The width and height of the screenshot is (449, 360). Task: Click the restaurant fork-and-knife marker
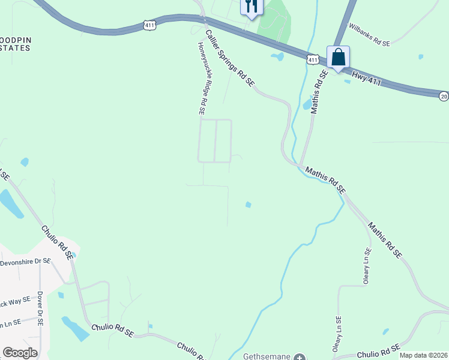click(x=252, y=7)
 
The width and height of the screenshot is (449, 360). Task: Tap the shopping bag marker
click(x=339, y=58)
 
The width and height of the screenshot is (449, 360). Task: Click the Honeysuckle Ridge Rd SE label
click(x=202, y=78)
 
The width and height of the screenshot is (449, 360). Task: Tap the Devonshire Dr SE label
click(x=25, y=262)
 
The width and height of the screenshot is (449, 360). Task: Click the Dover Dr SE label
click(x=40, y=308)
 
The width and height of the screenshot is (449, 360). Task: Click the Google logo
click(x=20, y=353)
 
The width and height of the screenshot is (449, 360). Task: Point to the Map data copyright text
click(x=424, y=355)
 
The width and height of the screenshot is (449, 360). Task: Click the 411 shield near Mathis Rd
click(x=312, y=59)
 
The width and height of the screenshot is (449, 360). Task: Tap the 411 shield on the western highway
click(x=150, y=25)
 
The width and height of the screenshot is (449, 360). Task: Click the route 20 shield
click(x=444, y=96)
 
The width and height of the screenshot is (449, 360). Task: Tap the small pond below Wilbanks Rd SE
click(x=420, y=57)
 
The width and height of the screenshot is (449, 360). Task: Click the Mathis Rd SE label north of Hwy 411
click(x=319, y=92)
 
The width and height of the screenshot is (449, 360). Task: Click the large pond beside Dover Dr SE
click(x=76, y=328)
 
